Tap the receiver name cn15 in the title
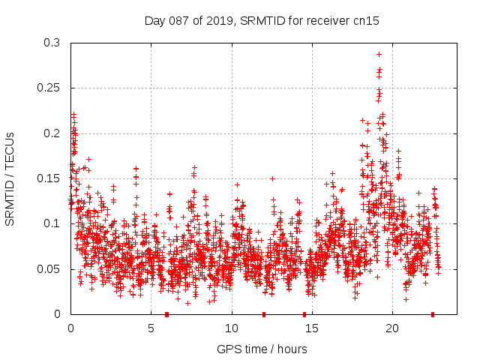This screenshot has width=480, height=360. pyautogui.click(x=367, y=21)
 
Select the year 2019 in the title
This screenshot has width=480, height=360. pyautogui.click(x=220, y=21)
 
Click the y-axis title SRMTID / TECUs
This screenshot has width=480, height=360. pyautogui.click(x=10, y=178)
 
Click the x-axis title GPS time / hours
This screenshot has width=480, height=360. pyautogui.click(x=262, y=349)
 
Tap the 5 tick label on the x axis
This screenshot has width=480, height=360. pyautogui.click(x=151, y=328)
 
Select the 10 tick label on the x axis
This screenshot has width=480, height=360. pyautogui.click(x=232, y=328)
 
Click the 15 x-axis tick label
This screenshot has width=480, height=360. pyautogui.click(x=312, y=328)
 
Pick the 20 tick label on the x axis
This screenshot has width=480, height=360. pyautogui.click(x=392, y=328)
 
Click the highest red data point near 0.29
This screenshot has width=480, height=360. pyautogui.click(x=379, y=54)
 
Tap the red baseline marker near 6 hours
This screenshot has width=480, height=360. pyautogui.click(x=166, y=313)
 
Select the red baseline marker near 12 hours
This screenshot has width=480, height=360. pyautogui.click(x=263, y=313)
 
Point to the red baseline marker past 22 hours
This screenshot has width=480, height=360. pyautogui.click(x=433, y=313)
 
